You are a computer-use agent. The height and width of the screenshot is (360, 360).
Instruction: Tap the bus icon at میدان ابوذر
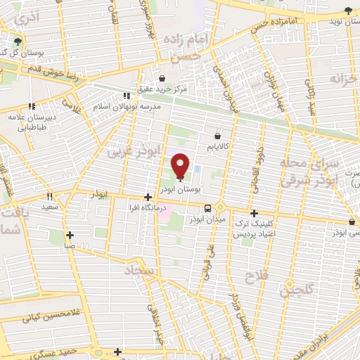(x=208, y=208)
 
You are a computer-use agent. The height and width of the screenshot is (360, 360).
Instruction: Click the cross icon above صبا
(x=70, y=236)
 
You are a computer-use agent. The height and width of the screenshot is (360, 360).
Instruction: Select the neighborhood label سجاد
(x=141, y=271)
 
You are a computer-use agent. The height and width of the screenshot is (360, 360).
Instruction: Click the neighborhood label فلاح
(x=254, y=276)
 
